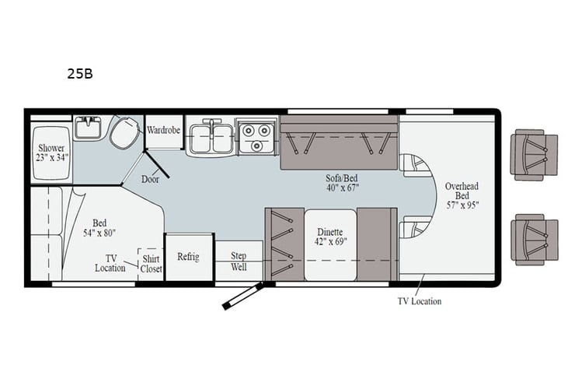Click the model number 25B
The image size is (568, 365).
pos(80,75)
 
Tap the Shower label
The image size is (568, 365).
pos(52,148)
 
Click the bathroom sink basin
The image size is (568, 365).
pos(88,127)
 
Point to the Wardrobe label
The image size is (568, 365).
pos(164,129)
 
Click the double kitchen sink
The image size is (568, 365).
pos(210,137)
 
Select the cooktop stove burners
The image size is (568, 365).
pos(256,136)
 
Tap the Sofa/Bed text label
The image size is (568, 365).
pos(342,177)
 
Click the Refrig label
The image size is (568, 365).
pos(189,256)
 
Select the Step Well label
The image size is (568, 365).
pos(239,261)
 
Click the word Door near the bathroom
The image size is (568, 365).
pos(151,178)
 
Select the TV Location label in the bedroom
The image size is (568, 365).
pos(110,263)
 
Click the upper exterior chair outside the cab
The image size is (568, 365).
pos(534,155)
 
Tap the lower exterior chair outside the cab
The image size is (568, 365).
pos(534,240)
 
